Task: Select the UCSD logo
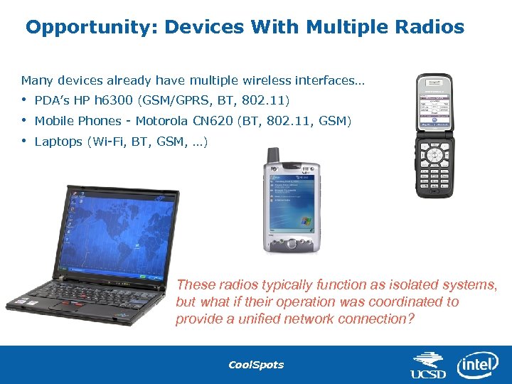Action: pos(429,366)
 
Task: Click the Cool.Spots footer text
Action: pos(255,365)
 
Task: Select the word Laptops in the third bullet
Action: pos(58,142)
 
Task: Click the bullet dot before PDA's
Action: pos(23,100)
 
